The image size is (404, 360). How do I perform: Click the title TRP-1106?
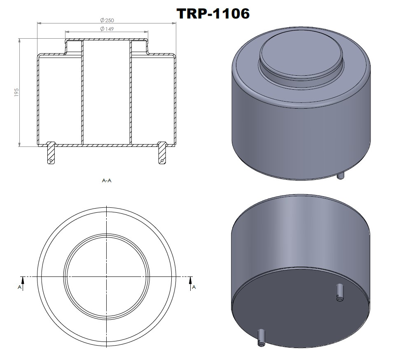(213, 13)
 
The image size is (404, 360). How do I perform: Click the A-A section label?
(106, 180)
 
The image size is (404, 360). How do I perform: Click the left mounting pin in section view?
(51, 154)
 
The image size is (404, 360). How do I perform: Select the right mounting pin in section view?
(162, 154)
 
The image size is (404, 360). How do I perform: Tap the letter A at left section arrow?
(19, 287)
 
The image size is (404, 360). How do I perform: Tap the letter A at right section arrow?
(194, 287)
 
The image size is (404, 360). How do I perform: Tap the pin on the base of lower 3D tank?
(340, 292)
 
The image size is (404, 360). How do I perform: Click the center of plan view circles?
(107, 276)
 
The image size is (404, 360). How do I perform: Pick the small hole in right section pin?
(162, 160)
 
